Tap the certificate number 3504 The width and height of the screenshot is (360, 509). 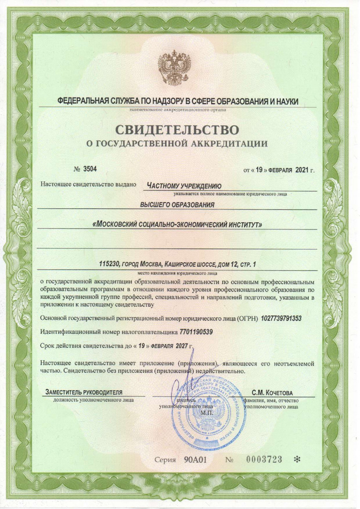(x=90, y=169)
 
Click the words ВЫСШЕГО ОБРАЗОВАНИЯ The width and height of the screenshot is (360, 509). (x=177, y=204)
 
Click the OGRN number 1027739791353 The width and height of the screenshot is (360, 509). (x=282, y=318)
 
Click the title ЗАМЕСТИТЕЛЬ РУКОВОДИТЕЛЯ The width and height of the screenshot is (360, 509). (x=84, y=392)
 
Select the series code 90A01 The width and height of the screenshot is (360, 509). (x=195, y=460)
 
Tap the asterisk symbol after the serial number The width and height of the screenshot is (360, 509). (x=296, y=459)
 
